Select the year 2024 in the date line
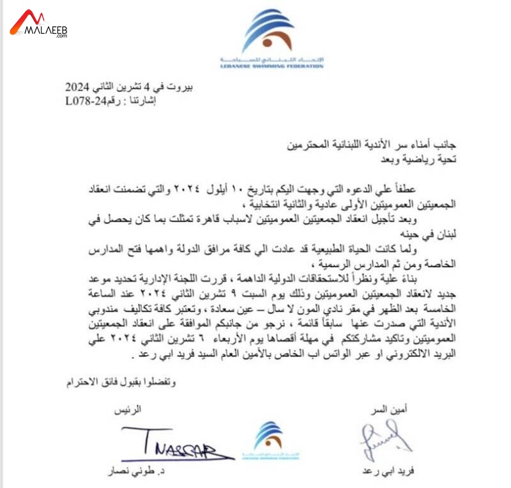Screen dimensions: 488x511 click(x=79, y=86)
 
